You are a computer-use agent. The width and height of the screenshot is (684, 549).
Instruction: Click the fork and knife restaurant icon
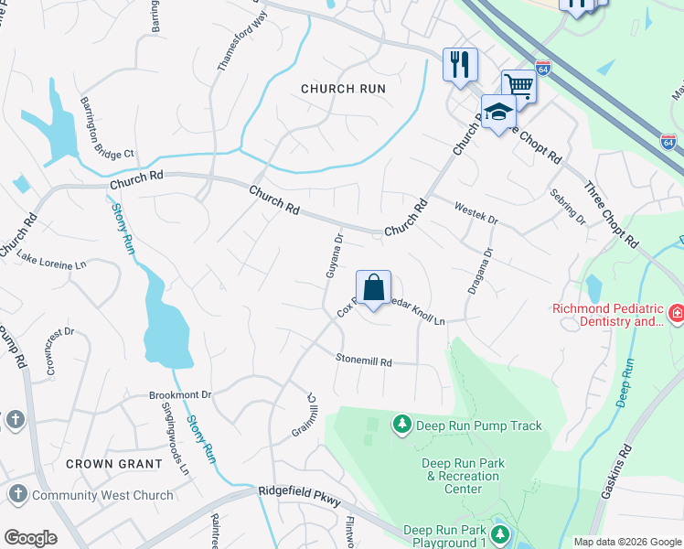click(460, 64)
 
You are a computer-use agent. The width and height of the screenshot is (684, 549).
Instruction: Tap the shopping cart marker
click(518, 86)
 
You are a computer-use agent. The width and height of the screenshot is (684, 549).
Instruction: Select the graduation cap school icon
click(498, 112)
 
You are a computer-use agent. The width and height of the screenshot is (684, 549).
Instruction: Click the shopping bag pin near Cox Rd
click(374, 289)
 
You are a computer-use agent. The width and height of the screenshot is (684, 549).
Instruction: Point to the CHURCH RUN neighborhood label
click(344, 89)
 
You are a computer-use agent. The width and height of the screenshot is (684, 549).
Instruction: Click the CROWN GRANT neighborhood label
click(114, 464)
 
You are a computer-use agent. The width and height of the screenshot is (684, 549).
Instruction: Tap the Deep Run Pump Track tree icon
click(401, 425)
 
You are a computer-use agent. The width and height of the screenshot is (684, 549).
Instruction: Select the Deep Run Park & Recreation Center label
click(463, 476)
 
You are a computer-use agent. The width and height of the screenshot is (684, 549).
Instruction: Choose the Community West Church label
click(102, 495)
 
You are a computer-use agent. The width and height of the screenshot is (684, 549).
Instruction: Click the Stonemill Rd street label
click(364, 361)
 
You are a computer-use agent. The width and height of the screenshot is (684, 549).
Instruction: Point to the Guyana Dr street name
click(335, 255)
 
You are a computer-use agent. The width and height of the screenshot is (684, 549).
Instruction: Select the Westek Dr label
click(476, 214)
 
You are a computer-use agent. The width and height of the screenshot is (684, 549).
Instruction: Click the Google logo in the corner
click(30, 538)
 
